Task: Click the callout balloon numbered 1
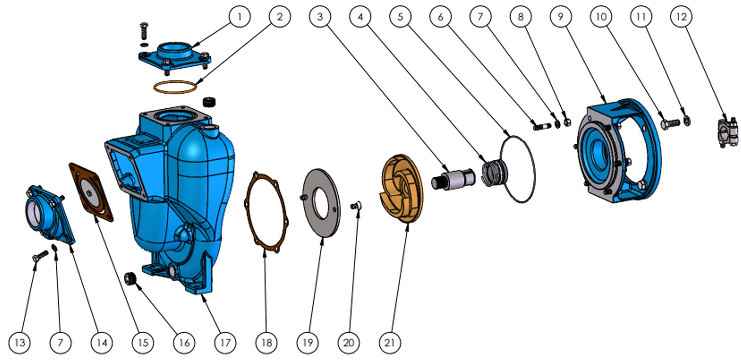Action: click(239, 17)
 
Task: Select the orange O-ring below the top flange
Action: click(175, 81)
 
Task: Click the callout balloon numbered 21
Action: click(390, 343)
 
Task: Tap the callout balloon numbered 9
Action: click(561, 17)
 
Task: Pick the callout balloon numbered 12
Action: click(681, 17)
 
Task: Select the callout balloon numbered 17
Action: click(225, 343)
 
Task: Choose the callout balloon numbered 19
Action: click(307, 343)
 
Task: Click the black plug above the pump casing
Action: click(209, 102)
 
